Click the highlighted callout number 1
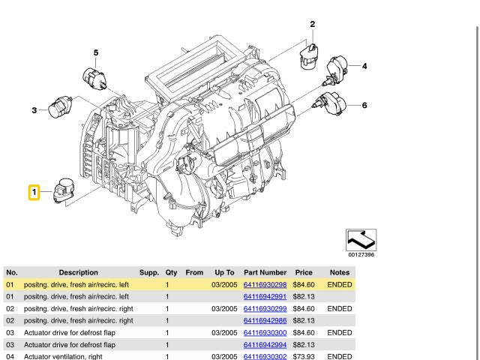(34, 193)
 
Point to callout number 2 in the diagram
(312, 25)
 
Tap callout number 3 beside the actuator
(34, 111)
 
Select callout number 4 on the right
(364, 67)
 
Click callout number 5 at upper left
(96, 52)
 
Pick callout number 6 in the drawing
(364, 105)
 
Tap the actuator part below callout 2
(309, 55)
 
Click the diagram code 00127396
(361, 255)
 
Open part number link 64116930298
(265, 285)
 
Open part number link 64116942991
(265, 297)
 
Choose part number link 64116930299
(265, 309)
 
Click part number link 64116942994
(265, 344)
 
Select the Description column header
(79, 272)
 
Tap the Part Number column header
(265, 272)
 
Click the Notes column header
(339, 272)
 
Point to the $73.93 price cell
(304, 356)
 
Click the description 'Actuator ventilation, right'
(64, 356)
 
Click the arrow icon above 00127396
(361, 240)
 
